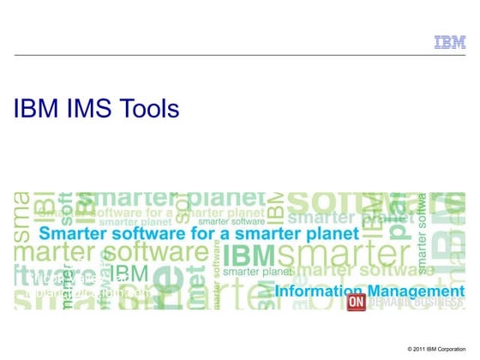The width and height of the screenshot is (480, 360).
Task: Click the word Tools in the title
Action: tap(149, 109)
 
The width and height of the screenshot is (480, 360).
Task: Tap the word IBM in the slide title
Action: tap(33, 109)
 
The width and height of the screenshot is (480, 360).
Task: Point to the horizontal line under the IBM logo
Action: tap(240, 55)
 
